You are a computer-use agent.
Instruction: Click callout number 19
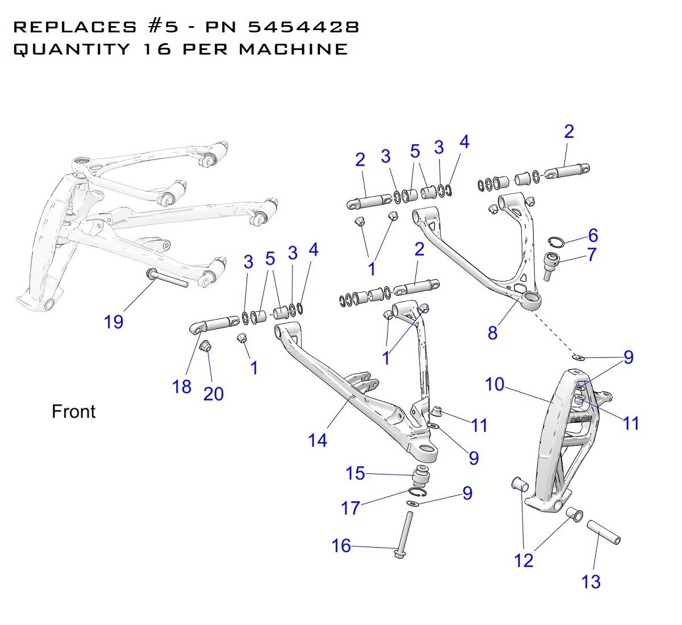(114, 322)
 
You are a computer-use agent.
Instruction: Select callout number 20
(213, 393)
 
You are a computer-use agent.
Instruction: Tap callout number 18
(182, 386)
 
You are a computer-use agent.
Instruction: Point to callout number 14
(318, 440)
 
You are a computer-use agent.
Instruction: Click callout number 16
(341, 546)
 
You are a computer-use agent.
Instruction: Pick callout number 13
(591, 582)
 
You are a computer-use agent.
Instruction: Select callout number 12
(523, 561)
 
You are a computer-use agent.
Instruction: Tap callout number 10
(494, 385)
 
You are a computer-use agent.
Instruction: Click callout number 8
(492, 332)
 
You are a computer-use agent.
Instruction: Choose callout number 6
(593, 235)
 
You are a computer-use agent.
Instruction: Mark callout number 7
(592, 255)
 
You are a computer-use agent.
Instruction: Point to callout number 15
(355, 473)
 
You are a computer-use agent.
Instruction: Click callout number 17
(351, 507)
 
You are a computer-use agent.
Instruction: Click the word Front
(73, 411)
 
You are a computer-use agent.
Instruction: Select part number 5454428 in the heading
(303, 27)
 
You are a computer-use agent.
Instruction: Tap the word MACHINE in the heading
(293, 49)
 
